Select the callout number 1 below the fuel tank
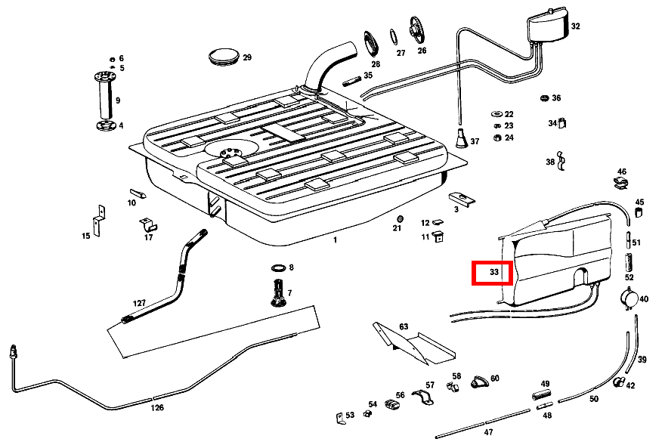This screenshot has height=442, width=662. (336, 240)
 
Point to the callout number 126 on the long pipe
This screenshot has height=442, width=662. (156, 407)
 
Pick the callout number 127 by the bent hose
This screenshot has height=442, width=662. (139, 303)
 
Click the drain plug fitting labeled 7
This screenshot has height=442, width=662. (277, 292)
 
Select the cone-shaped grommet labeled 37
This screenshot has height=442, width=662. (460, 140)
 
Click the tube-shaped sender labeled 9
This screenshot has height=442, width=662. (104, 98)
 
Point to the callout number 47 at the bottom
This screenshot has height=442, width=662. (488, 432)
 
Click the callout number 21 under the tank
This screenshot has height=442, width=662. (398, 227)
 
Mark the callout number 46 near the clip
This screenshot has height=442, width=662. (622, 172)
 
